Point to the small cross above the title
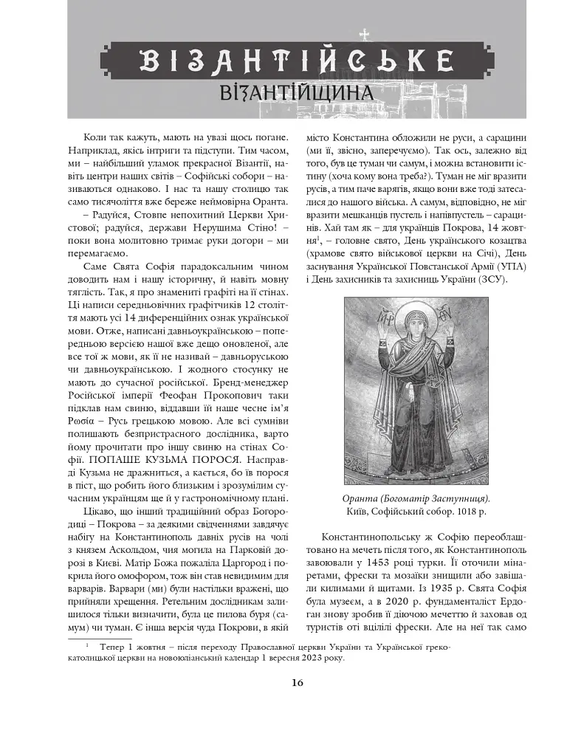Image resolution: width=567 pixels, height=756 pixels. click(363, 34)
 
